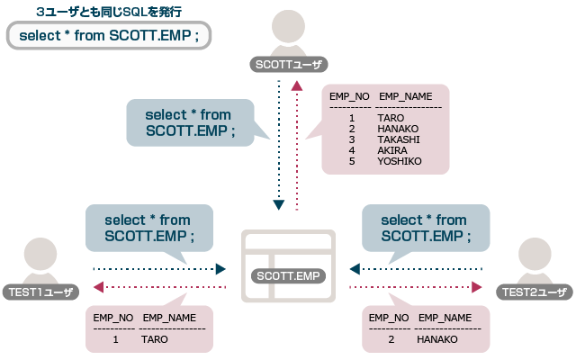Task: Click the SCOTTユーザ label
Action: pyautogui.click(x=289, y=64)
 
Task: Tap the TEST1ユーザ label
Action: pyautogui.click(x=40, y=291)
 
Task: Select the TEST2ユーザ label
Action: pyautogui.click(x=534, y=291)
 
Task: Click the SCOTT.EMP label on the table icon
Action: pyautogui.click(x=288, y=275)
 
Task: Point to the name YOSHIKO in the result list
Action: pyautogui.click(x=399, y=161)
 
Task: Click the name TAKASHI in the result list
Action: pyautogui.click(x=398, y=139)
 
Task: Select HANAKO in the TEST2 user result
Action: pyautogui.click(x=437, y=339)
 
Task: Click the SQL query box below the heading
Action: pyautogui.click(x=108, y=37)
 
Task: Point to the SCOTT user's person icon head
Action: pyautogui.click(x=289, y=25)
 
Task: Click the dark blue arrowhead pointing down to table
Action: pyautogui.click(x=279, y=205)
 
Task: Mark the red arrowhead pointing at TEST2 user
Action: pyautogui.click(x=477, y=287)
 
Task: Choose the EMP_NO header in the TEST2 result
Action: pyautogui.click(x=389, y=318)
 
